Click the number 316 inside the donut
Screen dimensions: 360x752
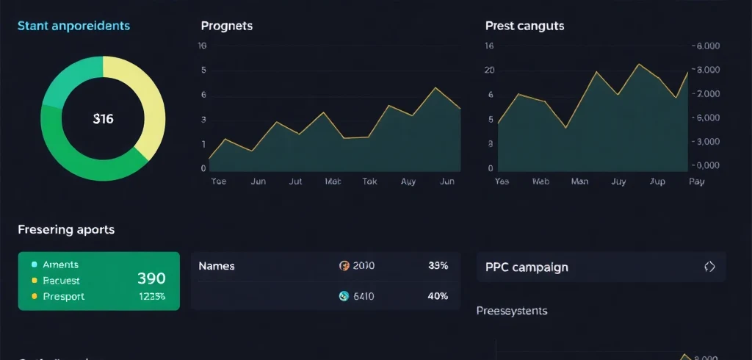point(104,118)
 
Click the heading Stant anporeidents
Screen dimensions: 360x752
point(73,26)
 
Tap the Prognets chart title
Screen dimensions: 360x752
point(226,26)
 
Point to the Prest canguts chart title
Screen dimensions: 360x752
point(524,26)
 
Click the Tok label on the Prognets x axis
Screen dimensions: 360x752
point(370,181)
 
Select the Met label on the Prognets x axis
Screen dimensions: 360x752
point(333,181)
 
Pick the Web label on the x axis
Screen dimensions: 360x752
point(540,181)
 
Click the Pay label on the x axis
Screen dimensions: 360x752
point(696,181)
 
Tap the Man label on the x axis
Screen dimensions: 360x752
point(579,181)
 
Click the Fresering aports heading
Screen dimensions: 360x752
point(66,229)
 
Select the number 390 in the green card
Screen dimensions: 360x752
point(151,278)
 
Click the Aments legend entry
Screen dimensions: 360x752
point(60,264)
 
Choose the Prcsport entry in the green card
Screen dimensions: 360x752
point(63,297)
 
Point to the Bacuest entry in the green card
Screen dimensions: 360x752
point(61,281)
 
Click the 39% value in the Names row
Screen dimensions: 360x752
point(438,266)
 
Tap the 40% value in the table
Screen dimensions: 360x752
point(438,296)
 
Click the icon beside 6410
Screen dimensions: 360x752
point(344,296)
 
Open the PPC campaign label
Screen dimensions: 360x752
point(527,267)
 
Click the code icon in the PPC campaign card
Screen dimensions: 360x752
point(709,267)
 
